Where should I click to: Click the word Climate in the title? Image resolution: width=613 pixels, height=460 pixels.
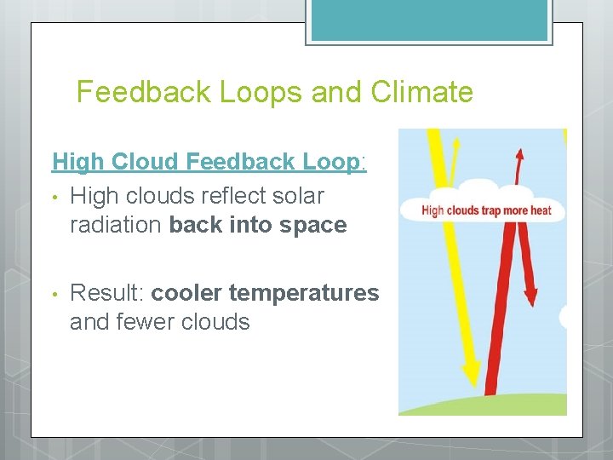(x=422, y=91)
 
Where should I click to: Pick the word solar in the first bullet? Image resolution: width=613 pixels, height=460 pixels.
(x=301, y=196)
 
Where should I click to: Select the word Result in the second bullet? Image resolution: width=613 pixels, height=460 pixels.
(x=106, y=293)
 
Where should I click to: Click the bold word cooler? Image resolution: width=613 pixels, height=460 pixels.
(x=187, y=293)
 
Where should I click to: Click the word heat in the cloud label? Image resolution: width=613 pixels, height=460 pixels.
(x=539, y=210)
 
